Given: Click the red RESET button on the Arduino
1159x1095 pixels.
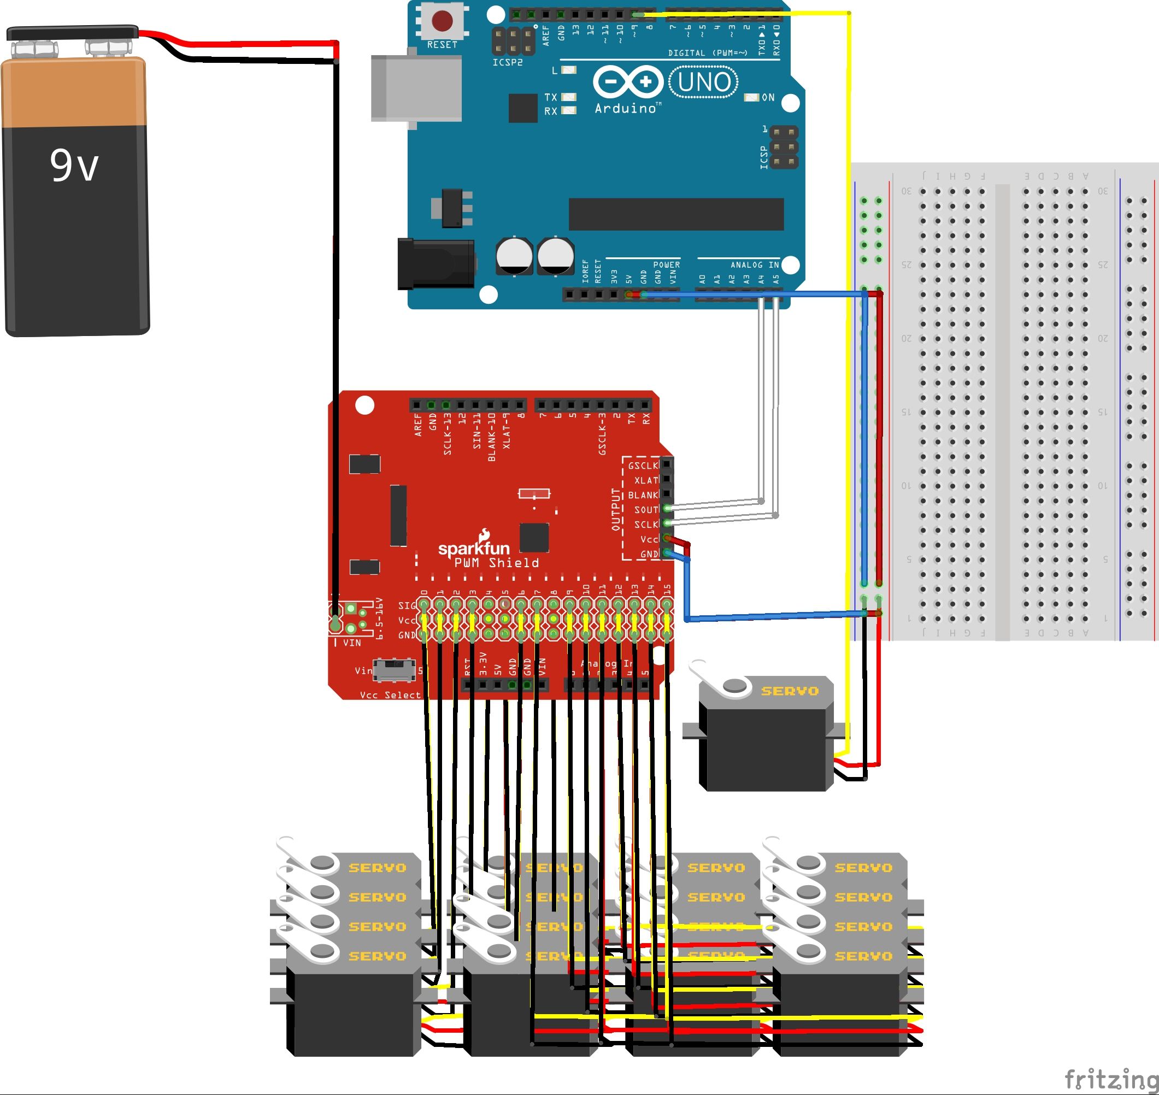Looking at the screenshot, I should pos(442,21).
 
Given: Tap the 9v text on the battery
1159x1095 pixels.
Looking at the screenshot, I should pos(74,165).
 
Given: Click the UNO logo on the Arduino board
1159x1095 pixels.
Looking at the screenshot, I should pos(704,82).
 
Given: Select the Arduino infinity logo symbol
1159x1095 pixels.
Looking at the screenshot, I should pos(628,82).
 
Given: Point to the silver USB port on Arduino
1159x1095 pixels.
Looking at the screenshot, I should pos(416,89).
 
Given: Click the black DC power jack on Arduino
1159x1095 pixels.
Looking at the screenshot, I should pos(436,264).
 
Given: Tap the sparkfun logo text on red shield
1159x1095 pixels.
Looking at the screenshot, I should pos(473,547).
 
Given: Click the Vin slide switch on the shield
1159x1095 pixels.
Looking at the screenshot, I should pos(394,669).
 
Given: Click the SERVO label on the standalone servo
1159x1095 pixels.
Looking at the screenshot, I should pos(790,691).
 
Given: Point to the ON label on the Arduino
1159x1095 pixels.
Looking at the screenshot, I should pos(768,97).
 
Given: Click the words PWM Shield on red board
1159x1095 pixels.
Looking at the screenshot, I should pos(497,563).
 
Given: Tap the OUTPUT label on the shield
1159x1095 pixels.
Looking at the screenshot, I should pos(615,509).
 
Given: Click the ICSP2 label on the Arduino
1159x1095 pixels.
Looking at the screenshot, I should pos(507,62).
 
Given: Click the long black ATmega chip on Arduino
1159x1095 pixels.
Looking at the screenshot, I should pos(676,214).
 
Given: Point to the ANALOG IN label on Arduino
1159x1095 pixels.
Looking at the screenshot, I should pos(754,265).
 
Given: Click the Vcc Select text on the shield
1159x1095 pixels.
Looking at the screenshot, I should pos(390,695).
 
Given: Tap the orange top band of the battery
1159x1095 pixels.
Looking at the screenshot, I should pos(74,92).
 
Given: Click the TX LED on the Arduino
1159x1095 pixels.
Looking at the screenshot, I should pos(568,97).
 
